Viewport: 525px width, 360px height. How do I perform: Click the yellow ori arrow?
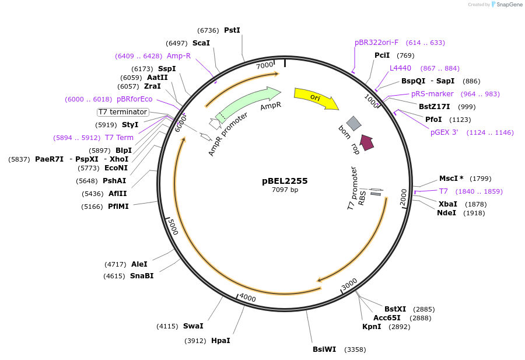pyautogui.click(x=316, y=98)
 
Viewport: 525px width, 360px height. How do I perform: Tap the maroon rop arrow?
pyautogui.click(x=366, y=142)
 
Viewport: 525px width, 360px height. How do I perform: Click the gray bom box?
pyautogui.click(x=353, y=123)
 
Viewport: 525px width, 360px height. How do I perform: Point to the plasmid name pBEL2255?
pyautogui.click(x=285, y=181)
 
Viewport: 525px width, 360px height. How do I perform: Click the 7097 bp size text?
pyautogui.click(x=285, y=190)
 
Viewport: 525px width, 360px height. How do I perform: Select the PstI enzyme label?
pyautogui.click(x=232, y=30)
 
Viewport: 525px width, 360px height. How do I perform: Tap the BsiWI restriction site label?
pyautogui.click(x=324, y=349)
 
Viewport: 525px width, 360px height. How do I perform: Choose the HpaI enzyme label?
pyautogui.click(x=220, y=340)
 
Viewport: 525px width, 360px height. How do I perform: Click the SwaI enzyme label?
pyautogui.click(x=193, y=326)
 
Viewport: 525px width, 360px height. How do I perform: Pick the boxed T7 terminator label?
pyautogui.click(x=123, y=111)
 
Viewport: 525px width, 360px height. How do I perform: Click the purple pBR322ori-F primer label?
pyautogui.click(x=377, y=43)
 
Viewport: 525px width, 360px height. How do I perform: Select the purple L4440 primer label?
pyautogui.click(x=400, y=68)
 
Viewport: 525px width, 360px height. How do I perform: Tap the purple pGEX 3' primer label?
pyautogui.click(x=444, y=132)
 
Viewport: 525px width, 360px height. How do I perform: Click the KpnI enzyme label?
pyautogui.click(x=372, y=327)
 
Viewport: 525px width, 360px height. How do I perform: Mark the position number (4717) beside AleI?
pyautogui.click(x=116, y=264)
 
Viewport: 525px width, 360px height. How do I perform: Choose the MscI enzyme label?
pyautogui.click(x=450, y=179)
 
